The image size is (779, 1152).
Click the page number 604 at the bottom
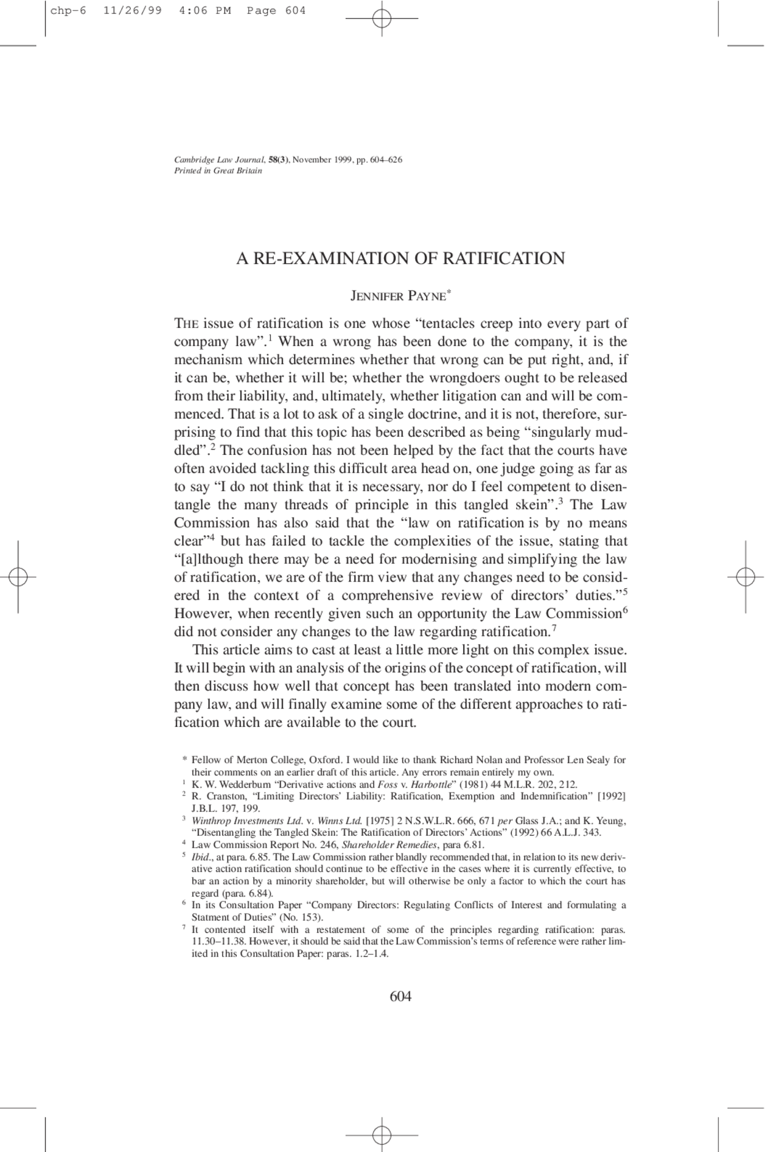(400, 996)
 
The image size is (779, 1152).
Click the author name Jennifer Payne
(399, 296)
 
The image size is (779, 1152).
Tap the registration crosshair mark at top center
(382, 19)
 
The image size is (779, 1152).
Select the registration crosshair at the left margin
(18, 576)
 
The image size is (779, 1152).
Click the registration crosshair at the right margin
(746, 576)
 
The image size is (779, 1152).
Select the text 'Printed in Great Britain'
(218, 171)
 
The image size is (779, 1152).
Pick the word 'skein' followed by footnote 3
(537, 505)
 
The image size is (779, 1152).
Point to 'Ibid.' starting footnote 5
(201, 857)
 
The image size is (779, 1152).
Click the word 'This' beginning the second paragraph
(205, 650)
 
